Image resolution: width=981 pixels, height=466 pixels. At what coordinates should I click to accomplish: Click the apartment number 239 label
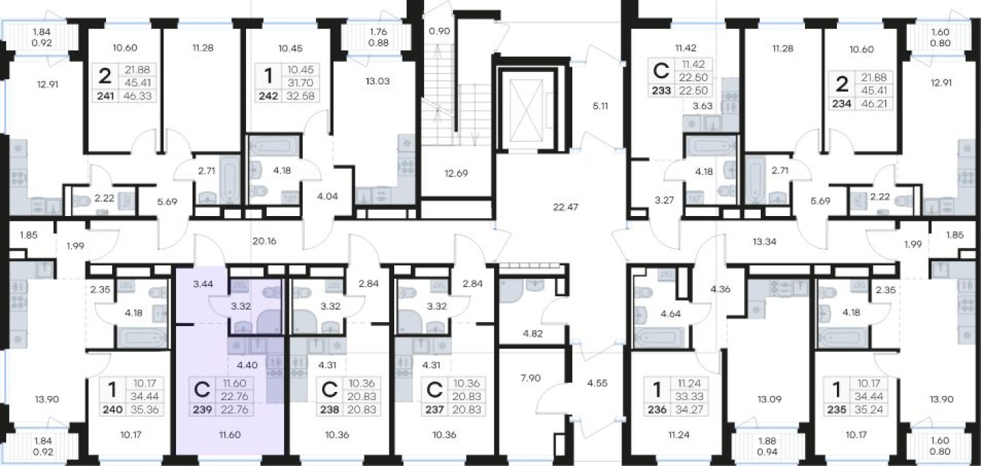coord(202,409)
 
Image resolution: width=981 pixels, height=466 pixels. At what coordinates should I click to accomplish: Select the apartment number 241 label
coord(105,96)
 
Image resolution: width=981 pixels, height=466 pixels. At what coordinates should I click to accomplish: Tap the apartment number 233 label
coord(662,91)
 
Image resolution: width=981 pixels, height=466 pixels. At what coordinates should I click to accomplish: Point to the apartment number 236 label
coord(657,409)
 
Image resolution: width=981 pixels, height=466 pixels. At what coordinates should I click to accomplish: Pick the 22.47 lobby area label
coord(565,207)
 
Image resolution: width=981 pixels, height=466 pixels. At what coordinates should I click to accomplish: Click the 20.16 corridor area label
coord(264,241)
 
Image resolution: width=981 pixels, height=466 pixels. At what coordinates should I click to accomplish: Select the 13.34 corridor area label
coord(764,241)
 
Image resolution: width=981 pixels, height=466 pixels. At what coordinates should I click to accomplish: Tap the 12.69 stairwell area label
coord(456,173)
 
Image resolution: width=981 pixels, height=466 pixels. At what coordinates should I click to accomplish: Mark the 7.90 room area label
coord(531,377)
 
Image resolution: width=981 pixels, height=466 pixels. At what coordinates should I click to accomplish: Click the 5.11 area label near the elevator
coord(600,106)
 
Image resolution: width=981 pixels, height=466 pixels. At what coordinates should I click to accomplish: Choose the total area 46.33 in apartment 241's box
coord(137,96)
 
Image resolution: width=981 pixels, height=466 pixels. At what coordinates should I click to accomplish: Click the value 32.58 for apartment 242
coord(301,96)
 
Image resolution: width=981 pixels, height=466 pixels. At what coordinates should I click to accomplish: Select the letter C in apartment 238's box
coord(329,389)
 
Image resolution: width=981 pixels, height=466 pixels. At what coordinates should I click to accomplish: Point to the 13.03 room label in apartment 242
coord(378,81)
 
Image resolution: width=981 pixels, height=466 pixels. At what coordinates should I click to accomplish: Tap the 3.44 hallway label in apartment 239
coord(203,284)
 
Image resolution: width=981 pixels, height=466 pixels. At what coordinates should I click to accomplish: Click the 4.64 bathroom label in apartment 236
coord(671,313)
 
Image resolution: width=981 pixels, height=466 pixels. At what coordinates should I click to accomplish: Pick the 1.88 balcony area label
coord(768,441)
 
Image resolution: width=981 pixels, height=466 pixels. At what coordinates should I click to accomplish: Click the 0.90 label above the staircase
coord(439,31)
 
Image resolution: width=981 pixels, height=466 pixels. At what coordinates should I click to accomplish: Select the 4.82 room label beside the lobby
coord(533,334)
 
